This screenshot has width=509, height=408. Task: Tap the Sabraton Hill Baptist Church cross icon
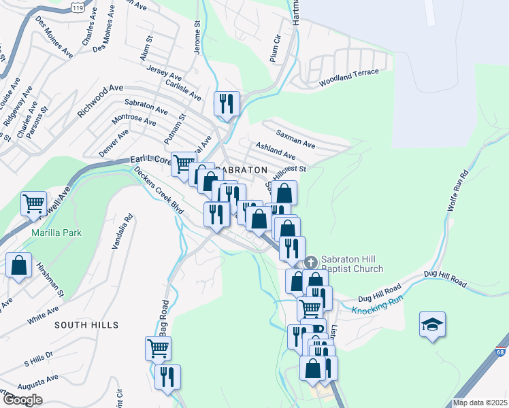tap(311, 262)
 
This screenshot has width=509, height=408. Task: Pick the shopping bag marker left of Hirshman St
tap(19, 266)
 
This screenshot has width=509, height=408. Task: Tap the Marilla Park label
tap(56, 233)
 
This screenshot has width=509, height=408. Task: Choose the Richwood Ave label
tap(100, 101)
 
